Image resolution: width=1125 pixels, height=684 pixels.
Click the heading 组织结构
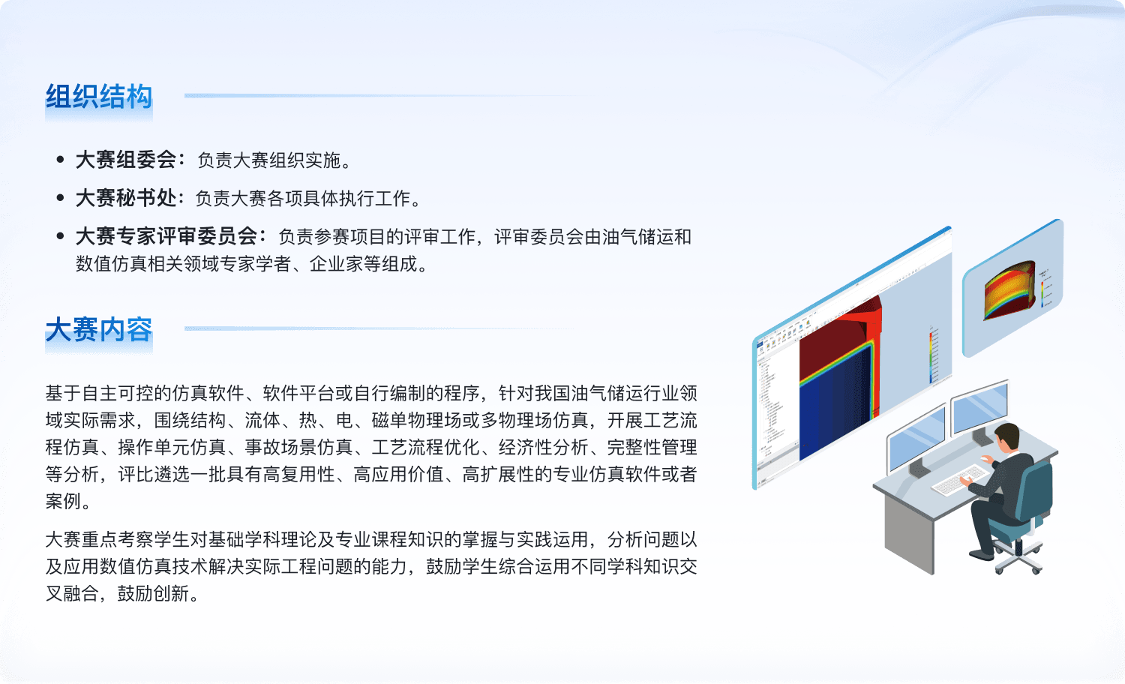click(x=99, y=97)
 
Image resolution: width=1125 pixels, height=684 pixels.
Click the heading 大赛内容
click(x=99, y=330)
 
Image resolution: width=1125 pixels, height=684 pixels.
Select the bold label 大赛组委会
click(x=126, y=160)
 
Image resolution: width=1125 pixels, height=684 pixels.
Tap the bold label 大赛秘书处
click(x=126, y=198)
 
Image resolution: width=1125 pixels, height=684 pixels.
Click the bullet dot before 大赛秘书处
click(x=61, y=198)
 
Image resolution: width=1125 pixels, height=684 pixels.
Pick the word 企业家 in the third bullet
click(x=336, y=264)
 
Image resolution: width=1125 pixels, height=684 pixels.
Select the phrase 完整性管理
click(x=652, y=447)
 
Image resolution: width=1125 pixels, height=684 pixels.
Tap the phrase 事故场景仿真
click(x=298, y=447)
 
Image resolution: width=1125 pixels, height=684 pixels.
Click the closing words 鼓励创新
click(x=154, y=593)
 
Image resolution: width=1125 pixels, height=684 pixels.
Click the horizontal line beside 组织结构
click(x=391, y=95)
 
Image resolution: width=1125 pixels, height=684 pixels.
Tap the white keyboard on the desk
click(x=960, y=479)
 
